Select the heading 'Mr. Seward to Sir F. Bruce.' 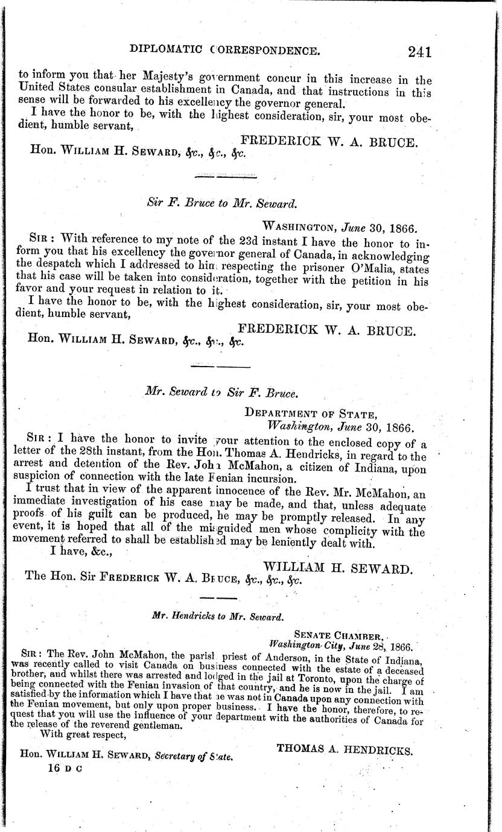click(x=221, y=392)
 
